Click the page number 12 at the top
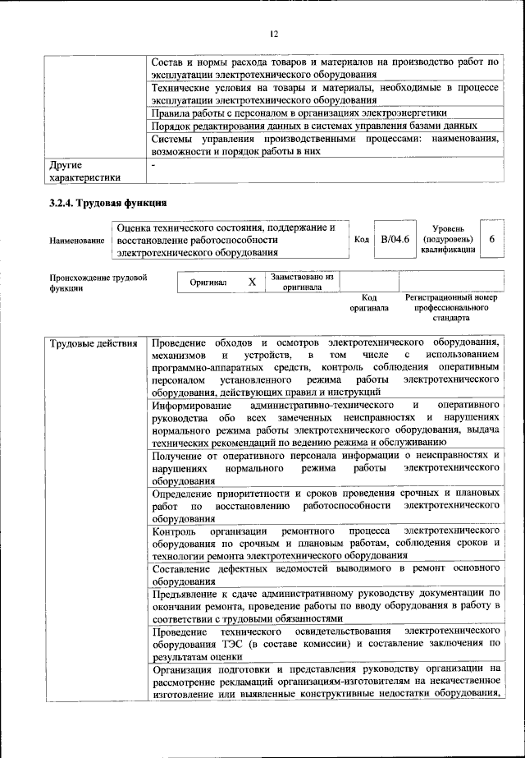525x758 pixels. [274, 34]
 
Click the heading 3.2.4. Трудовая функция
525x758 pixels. [107, 202]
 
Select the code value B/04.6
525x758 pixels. [395, 239]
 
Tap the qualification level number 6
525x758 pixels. [491, 239]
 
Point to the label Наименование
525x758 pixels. [78, 240]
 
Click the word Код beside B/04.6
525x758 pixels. [361, 239]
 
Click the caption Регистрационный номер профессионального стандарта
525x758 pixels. [451, 307]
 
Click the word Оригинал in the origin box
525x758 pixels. [208, 283]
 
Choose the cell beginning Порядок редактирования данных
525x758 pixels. [315, 126]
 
